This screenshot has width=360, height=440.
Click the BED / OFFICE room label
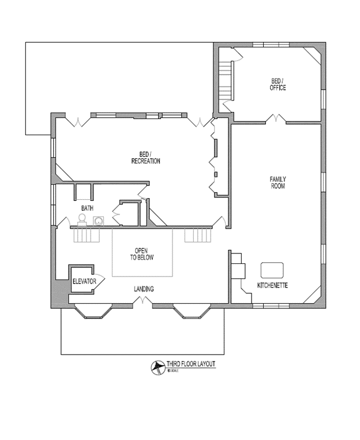pyautogui.click(x=277, y=84)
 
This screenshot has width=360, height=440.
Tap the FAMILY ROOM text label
pyautogui.click(x=277, y=182)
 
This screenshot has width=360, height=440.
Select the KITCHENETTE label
pyautogui.click(x=272, y=286)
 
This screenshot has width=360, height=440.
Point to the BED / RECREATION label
pyautogui.click(x=145, y=158)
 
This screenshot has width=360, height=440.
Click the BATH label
pyautogui.click(x=87, y=208)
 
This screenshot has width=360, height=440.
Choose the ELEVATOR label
pyautogui.click(x=84, y=281)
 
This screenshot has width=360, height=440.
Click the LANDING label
pyautogui.click(x=144, y=289)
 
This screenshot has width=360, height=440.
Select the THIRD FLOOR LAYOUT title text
pyautogui.click(x=190, y=364)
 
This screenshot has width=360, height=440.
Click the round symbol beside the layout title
pyautogui.click(x=156, y=366)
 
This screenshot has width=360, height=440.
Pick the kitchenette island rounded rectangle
pyautogui.click(x=272, y=270)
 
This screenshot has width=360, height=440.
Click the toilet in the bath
pyautogui.click(x=82, y=220)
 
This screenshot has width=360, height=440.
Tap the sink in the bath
pyautogui.click(x=99, y=221)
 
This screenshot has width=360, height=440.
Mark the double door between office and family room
pyautogui.click(x=275, y=119)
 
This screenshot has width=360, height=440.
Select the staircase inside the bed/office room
pyautogui.click(x=226, y=81)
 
